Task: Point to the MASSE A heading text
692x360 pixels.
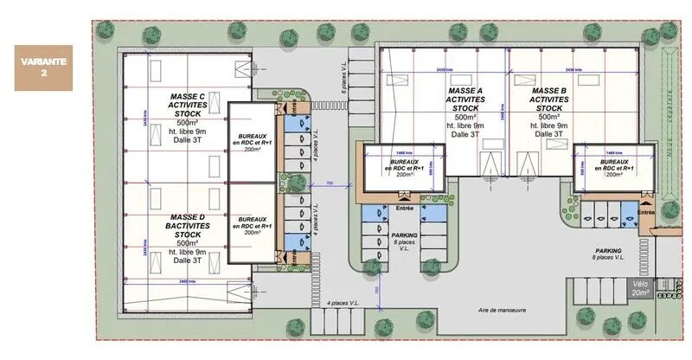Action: click(465, 90)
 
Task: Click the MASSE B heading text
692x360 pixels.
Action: click(549, 90)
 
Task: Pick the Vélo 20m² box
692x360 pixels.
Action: click(640, 288)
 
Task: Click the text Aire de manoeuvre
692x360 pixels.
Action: click(502, 310)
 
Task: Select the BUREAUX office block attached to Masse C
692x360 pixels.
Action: click(252, 142)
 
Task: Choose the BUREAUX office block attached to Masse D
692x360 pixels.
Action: click(252, 226)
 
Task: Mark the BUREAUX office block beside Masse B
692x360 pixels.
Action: click(613, 167)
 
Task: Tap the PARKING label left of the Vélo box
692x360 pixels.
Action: click(608, 251)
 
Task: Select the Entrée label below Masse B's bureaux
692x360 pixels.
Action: click(645, 211)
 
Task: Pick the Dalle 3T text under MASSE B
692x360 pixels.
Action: click(549, 134)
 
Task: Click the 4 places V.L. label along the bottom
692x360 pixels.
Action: click(345, 303)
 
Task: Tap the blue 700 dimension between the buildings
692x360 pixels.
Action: click(330, 183)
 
